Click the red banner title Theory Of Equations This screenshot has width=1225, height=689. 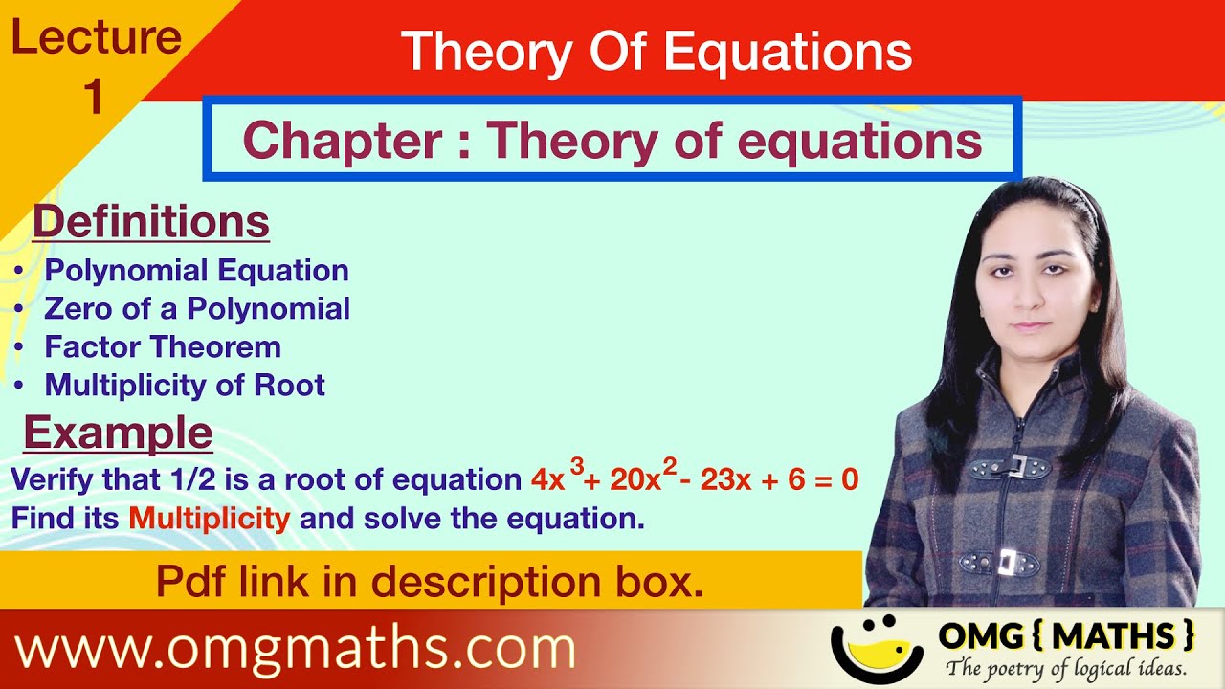coord(657,51)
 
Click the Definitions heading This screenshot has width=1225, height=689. coord(151,222)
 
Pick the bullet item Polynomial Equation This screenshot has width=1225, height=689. coord(196,271)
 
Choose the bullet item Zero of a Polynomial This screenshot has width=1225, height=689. coord(197,308)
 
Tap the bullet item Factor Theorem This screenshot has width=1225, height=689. coord(163,346)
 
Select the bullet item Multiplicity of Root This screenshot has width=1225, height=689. coord(185,385)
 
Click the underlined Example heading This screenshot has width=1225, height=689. coord(118,433)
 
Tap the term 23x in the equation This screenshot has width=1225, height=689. coord(725,479)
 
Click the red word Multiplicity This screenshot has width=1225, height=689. coord(209,519)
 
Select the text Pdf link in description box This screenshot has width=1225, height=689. coord(430,582)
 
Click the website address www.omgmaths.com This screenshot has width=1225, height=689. coord(296,650)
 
